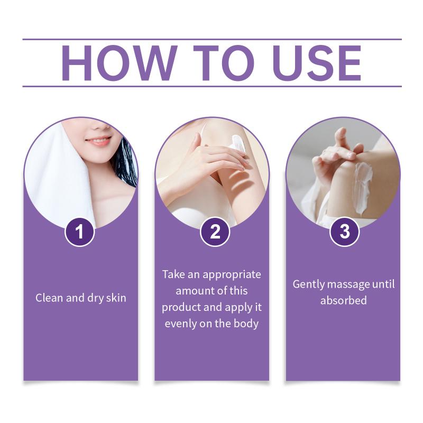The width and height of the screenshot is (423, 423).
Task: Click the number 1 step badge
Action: coord(80,232)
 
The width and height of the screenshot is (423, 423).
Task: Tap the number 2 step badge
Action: coord(215,232)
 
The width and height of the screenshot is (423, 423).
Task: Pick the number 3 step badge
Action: coord(345,232)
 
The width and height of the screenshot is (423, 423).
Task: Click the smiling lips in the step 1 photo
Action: coord(98,141)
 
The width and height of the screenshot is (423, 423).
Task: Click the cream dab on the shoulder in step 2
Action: coord(237,142)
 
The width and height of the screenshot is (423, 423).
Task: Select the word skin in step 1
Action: coord(116,298)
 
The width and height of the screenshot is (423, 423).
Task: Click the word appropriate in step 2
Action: coord(232,275)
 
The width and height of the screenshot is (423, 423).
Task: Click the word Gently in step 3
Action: coord(308,285)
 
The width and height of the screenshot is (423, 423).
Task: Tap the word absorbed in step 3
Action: coord(343,300)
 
